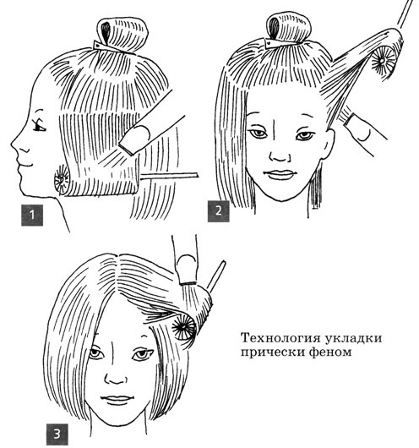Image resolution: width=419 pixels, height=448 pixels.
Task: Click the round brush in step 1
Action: (62, 180)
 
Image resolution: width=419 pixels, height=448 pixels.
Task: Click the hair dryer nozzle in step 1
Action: (134, 136)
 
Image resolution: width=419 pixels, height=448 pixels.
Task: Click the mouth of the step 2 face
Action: (275, 174)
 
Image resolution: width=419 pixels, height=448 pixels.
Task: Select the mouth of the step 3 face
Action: (115, 396)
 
